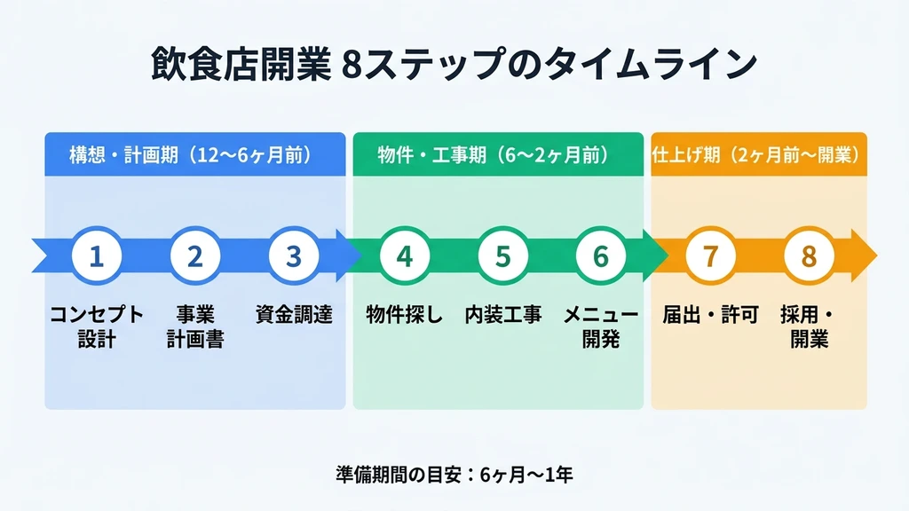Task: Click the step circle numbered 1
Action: [96, 256]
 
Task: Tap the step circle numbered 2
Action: [195, 256]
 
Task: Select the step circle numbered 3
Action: [294, 256]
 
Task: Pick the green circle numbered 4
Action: [405, 256]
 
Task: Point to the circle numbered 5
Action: [503, 256]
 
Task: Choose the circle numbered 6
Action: [601, 256]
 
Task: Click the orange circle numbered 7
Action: [710, 256]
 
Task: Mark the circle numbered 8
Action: [809, 256]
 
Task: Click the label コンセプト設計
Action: [96, 326]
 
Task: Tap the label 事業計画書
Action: [195, 326]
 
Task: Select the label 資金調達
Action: [294, 315]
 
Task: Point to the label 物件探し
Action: [405, 315]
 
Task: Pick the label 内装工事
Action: [503, 315]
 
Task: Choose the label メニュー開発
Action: [601, 326]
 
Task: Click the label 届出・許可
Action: [710, 315]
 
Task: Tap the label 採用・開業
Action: [809, 326]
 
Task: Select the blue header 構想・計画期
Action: [194, 155]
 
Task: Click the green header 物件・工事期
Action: [498, 155]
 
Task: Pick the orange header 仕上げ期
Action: [759, 155]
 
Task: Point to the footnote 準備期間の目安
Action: [454, 474]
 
